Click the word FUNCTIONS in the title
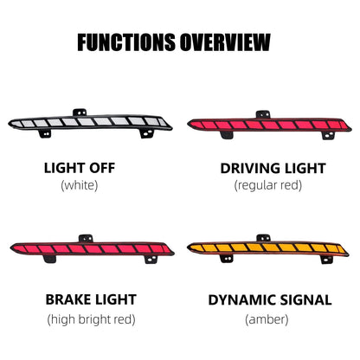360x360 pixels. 126,42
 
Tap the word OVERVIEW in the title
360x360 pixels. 225,42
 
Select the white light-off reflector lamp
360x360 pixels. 90,123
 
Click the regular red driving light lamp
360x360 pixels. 269,125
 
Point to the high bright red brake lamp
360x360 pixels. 93,248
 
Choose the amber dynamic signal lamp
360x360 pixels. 267,248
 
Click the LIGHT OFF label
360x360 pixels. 80,168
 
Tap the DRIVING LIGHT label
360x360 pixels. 273,169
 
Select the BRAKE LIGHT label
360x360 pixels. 91,299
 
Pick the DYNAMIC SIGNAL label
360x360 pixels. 270,300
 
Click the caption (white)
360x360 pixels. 80,185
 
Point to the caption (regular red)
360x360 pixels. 268,185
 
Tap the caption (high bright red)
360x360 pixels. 91,319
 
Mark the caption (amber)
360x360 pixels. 267,319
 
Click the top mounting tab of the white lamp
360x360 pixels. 80,112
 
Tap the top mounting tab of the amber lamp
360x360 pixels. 263,238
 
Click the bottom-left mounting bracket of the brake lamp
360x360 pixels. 50,259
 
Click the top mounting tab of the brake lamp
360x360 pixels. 86,238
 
